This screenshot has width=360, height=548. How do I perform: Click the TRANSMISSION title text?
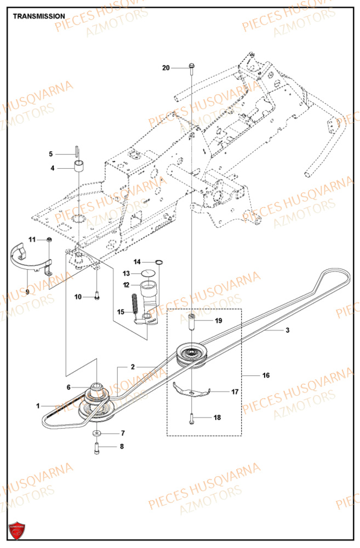[x=39, y=16]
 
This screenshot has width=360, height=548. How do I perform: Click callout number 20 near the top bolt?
[x=166, y=68]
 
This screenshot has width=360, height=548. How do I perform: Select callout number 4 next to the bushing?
[x=53, y=168]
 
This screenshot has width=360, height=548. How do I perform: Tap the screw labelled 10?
[x=96, y=296]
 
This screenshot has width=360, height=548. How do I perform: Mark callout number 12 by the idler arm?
[x=126, y=284]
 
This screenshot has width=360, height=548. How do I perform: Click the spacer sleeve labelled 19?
[x=192, y=322]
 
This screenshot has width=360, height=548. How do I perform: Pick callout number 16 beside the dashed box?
[x=266, y=375]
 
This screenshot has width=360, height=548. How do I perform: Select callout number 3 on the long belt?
[x=287, y=330]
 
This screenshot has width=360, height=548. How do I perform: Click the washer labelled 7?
[x=96, y=433]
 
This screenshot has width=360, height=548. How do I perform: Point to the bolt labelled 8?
[x=96, y=448]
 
